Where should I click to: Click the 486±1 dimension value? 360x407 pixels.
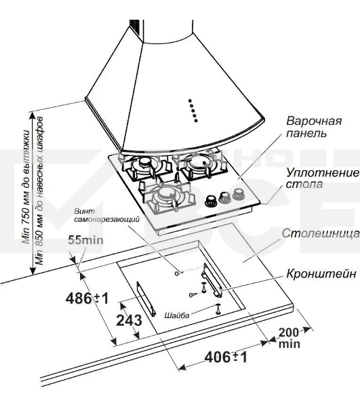click(x=87, y=298)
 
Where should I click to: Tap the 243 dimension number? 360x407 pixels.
click(x=129, y=320)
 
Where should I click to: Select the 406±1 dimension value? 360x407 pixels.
click(x=226, y=357)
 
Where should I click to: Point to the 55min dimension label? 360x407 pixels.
click(x=85, y=240)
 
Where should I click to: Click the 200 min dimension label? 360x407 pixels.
click(x=289, y=338)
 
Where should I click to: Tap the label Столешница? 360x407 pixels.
click(x=321, y=233)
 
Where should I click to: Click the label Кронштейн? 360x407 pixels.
click(x=321, y=273)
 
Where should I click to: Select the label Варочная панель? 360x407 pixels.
click(x=314, y=127)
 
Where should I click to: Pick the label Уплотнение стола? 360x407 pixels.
click(x=323, y=178)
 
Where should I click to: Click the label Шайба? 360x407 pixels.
click(x=177, y=315)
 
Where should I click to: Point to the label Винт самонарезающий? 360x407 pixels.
click(x=106, y=215)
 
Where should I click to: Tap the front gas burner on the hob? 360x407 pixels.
click(x=166, y=195)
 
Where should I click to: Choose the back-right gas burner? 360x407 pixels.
click(x=200, y=163)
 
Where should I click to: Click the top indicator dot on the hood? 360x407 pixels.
click(x=190, y=100)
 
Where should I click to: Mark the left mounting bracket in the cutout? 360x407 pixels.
click(x=146, y=298)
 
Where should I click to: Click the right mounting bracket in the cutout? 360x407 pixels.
click(x=212, y=280)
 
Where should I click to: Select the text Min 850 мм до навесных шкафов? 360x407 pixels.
click(x=39, y=191)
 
